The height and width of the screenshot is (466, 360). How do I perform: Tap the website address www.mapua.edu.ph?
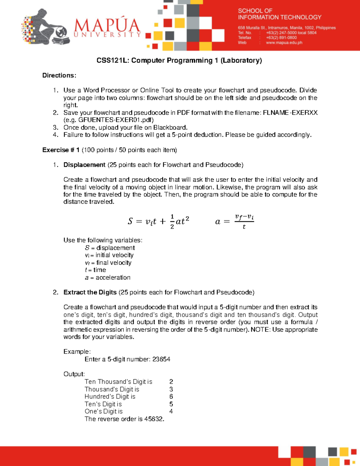284,43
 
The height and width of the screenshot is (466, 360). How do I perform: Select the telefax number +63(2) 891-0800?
281,38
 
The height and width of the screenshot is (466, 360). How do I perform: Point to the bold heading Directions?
59,75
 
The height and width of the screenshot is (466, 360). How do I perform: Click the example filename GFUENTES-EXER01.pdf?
115,120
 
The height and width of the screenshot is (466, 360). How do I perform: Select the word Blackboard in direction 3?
170,128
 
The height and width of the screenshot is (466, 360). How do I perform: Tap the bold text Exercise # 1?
61,150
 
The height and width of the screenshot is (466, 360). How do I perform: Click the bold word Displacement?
84,165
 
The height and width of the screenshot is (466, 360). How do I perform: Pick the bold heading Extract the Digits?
90,292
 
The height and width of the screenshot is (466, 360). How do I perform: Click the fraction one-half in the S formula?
172,221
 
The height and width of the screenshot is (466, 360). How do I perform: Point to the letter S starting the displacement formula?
130,221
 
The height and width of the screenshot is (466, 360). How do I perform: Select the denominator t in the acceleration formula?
244,227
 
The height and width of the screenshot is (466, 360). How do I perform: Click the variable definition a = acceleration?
107,278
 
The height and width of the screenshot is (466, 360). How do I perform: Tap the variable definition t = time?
95,270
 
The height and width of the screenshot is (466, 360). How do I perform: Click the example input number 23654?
161,359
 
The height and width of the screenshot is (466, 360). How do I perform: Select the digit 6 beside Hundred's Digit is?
171,397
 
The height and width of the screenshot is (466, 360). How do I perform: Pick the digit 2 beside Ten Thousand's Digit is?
171,382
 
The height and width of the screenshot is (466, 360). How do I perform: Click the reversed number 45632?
154,419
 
